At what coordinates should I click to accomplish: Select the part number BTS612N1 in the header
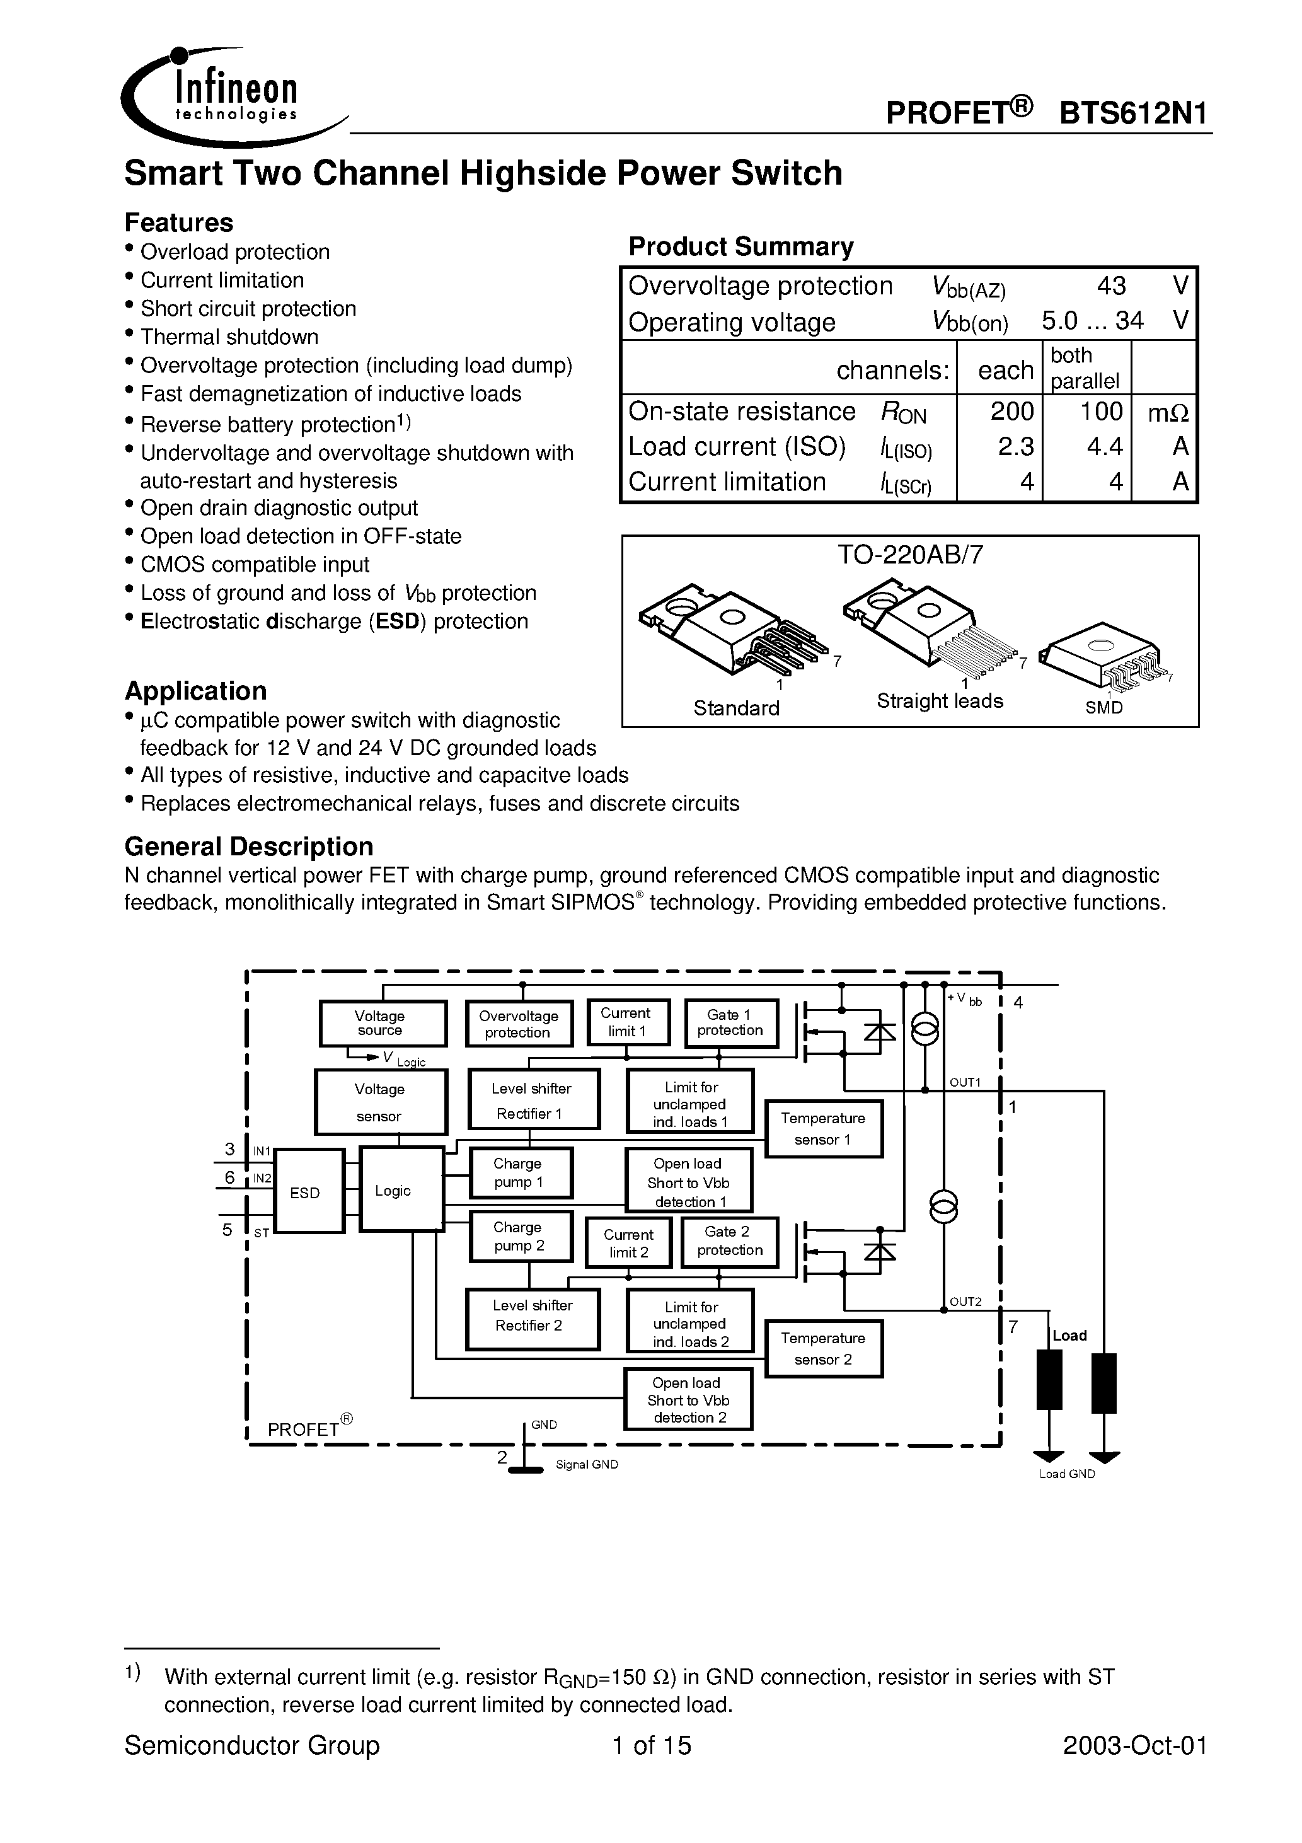(1134, 113)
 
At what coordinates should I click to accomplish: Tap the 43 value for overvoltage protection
(1111, 286)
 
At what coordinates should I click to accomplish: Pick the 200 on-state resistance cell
(1011, 411)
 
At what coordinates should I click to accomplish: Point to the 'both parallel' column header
(1085, 367)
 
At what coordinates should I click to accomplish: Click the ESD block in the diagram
(309, 1191)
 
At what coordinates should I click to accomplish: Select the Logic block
(401, 1189)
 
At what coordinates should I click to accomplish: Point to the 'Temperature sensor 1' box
(824, 1129)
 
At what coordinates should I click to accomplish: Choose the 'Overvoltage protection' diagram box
(519, 1024)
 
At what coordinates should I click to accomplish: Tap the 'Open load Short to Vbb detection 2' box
(688, 1400)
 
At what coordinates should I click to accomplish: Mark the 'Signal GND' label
(587, 1465)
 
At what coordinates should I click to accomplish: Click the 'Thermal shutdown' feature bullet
(229, 337)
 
